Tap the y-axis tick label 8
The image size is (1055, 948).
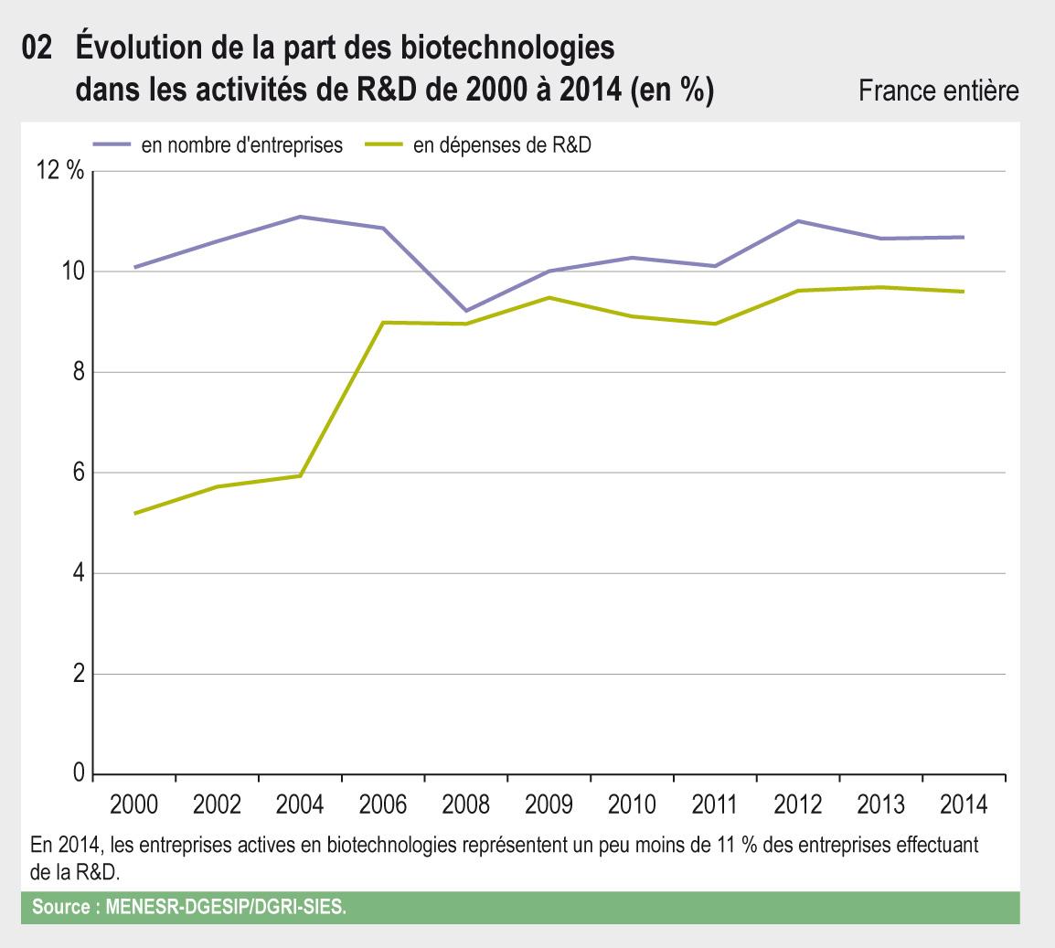pyautogui.click(x=77, y=372)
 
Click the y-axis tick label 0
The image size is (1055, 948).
pyautogui.click(x=77, y=774)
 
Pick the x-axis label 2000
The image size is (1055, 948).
pyautogui.click(x=133, y=805)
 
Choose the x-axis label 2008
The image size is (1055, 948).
pyautogui.click(x=465, y=805)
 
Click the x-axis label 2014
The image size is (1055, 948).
pyautogui.click(x=964, y=805)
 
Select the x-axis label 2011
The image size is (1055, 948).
pyautogui.click(x=715, y=805)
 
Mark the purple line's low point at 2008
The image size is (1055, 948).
pyautogui.click(x=466, y=311)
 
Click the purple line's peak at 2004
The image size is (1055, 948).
pyautogui.click(x=300, y=217)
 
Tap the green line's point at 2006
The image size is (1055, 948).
pyautogui.click(x=383, y=323)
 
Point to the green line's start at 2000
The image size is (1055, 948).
pyautogui.click(x=134, y=514)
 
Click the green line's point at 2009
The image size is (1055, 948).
pyautogui.click(x=549, y=297)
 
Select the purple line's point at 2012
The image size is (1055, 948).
pyautogui.click(x=797, y=221)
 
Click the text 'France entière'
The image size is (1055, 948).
pyautogui.click(x=939, y=91)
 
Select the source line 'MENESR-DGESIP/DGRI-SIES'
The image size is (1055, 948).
pyautogui.click(x=227, y=909)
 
